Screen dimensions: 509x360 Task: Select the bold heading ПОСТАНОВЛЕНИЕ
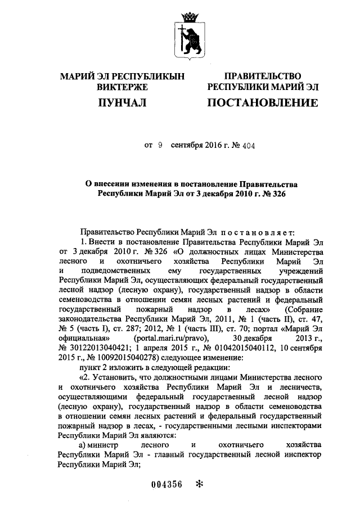pos(263,102)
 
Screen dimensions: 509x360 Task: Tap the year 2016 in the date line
pos(212,144)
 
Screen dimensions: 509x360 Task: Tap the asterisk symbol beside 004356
pos(198,485)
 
